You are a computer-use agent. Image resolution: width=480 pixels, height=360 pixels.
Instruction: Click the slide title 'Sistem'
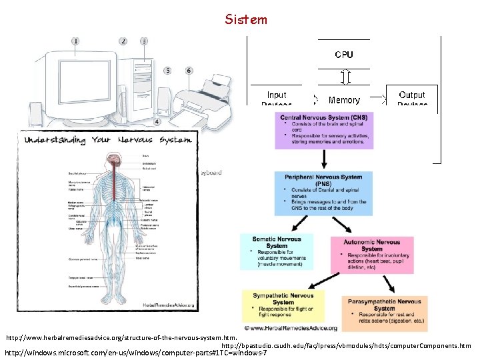[x=246, y=19]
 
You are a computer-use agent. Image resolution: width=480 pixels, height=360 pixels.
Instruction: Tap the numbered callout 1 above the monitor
[x=75, y=41]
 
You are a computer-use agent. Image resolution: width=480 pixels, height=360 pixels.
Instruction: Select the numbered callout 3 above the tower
[x=144, y=41]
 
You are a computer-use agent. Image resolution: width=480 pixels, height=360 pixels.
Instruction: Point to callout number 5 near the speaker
[x=167, y=70]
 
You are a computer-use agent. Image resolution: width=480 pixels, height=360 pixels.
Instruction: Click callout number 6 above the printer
[x=189, y=70]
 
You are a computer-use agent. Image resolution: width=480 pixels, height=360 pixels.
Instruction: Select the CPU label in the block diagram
[x=344, y=55]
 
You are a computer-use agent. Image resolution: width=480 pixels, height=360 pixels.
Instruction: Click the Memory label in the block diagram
[x=344, y=100]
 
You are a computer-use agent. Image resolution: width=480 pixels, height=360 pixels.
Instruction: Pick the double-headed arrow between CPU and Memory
[x=344, y=77]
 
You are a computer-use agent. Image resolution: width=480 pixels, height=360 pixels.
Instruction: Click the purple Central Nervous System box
[x=325, y=130]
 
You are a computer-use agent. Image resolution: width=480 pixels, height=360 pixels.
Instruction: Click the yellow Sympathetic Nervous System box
[x=283, y=305]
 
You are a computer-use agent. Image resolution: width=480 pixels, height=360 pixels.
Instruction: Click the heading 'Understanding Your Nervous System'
[x=108, y=140]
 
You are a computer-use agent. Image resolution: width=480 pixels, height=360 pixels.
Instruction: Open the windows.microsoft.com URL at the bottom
[x=136, y=352]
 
